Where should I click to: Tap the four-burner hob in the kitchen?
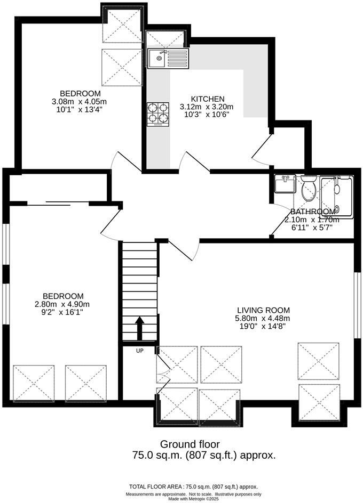pos(158,113)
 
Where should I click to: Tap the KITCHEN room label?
pos(208,99)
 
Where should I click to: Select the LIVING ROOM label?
pos(264,310)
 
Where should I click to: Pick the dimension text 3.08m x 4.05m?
pos(79,101)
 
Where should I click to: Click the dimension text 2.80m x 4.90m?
pos(63,304)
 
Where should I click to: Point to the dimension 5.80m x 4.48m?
pos(264,318)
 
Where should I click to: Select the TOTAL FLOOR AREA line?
pos(193,486)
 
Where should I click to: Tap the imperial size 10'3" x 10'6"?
pos(207,114)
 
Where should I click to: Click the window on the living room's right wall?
pos(357,305)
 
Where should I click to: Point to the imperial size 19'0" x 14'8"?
pos(264,326)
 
